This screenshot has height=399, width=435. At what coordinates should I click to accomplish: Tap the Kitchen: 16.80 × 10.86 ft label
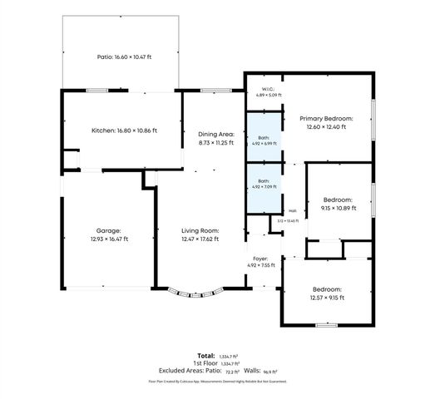point(124,131)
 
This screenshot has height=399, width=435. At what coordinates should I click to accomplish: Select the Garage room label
point(107,234)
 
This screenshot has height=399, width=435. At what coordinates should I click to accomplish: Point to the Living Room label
point(200,234)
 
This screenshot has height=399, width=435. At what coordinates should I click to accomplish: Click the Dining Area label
point(216,138)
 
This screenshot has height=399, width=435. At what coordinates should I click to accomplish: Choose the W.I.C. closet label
point(268,91)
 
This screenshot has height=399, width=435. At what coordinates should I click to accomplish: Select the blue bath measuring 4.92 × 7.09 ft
point(263,185)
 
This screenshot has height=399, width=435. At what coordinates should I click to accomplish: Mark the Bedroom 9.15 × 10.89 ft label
point(339,204)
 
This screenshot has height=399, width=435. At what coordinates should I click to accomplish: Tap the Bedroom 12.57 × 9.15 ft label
point(326,293)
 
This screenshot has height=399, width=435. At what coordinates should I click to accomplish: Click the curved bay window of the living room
point(196,293)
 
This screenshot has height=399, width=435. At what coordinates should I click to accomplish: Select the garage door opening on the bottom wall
point(107,288)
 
